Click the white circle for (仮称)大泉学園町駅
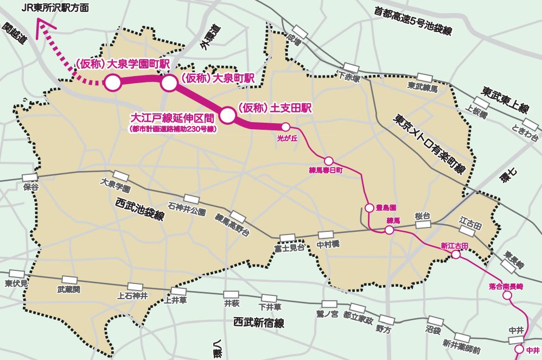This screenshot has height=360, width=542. pyautogui.click(x=112, y=83)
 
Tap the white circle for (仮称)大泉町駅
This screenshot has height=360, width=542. pyautogui.click(x=169, y=83)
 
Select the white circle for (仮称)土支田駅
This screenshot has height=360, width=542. pyautogui.click(x=227, y=115)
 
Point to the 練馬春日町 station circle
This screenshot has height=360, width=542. pyautogui.click(x=328, y=161)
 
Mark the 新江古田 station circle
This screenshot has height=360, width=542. pyautogui.click(x=456, y=254)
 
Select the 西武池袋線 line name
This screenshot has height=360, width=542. pyautogui.click(x=140, y=209)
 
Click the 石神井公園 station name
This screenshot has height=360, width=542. pyautogui.click(x=187, y=209)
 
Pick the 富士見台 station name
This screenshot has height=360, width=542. pyautogui.click(x=287, y=249)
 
